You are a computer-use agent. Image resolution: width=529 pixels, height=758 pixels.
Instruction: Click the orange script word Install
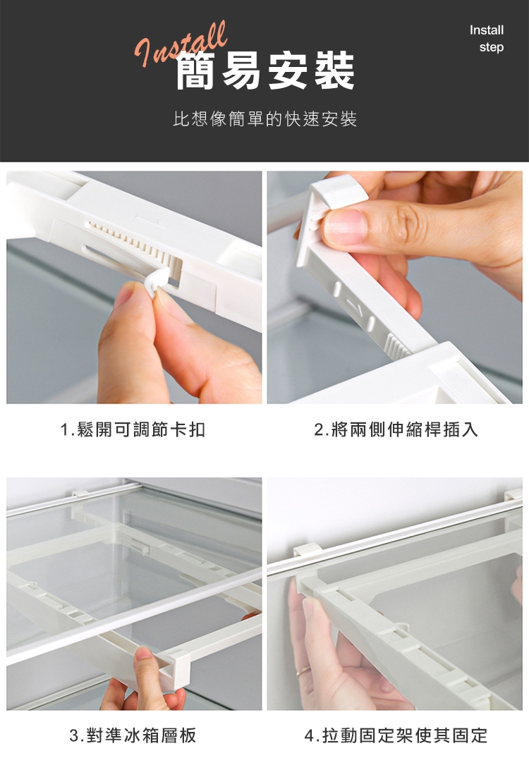(181, 44)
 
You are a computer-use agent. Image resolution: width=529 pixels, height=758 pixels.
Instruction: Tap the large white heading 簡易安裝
(265, 71)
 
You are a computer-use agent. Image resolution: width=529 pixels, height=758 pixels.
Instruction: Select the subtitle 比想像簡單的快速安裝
(265, 119)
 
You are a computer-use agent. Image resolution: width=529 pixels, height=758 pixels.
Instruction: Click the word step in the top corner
(492, 47)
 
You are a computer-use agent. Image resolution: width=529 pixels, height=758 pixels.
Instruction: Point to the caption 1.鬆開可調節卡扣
(133, 429)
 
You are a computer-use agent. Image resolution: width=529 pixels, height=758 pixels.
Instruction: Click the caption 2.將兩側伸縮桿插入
(396, 429)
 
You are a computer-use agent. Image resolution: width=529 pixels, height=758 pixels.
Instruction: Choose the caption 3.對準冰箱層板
(133, 735)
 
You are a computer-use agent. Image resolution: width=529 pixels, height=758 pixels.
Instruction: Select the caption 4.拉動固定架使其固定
(396, 735)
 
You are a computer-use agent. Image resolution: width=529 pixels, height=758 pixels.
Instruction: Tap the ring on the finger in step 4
(303, 671)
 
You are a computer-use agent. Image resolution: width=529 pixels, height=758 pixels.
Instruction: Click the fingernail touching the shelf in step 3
(144, 654)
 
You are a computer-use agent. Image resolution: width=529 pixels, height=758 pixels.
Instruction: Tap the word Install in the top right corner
(487, 30)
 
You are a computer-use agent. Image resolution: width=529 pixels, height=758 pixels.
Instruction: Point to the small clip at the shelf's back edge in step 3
(80, 494)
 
